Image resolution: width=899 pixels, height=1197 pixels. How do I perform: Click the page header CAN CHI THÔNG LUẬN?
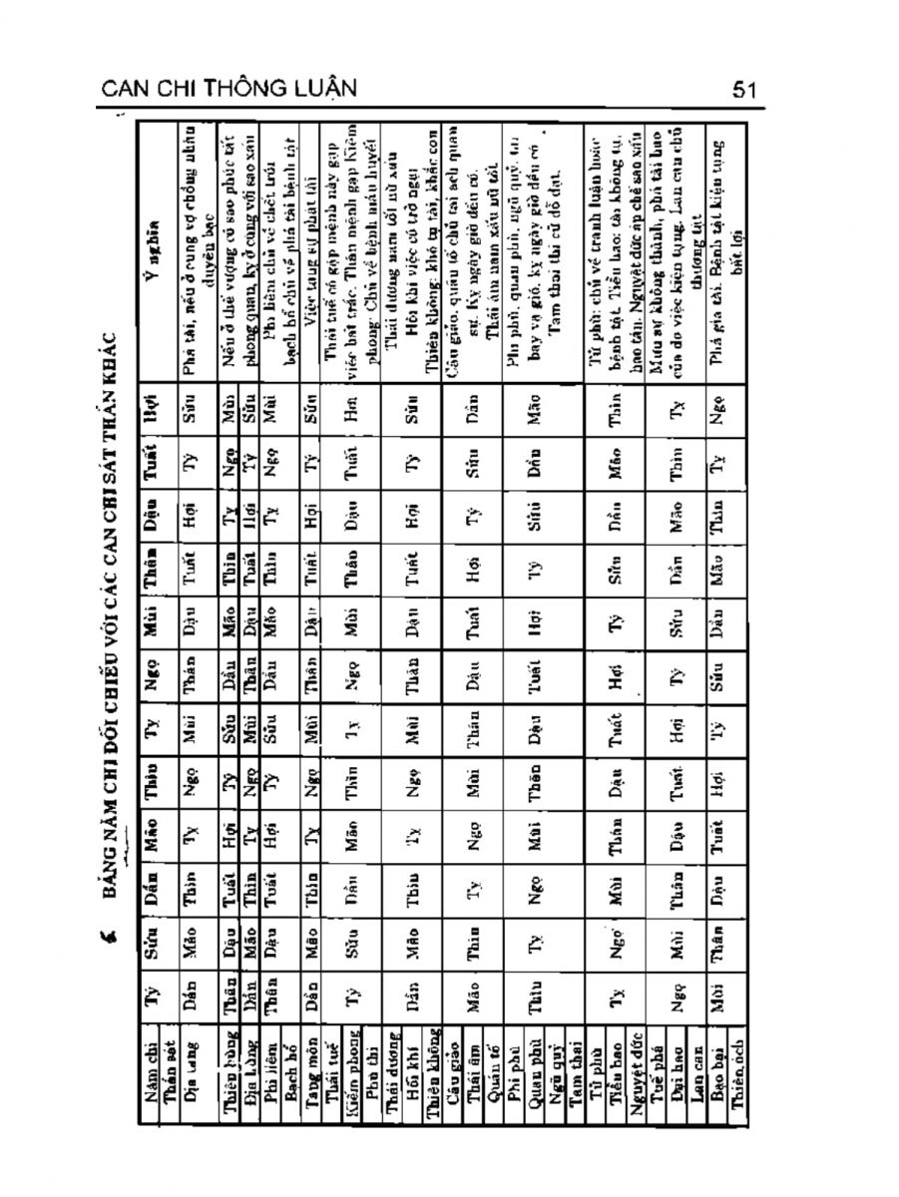coord(231,90)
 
